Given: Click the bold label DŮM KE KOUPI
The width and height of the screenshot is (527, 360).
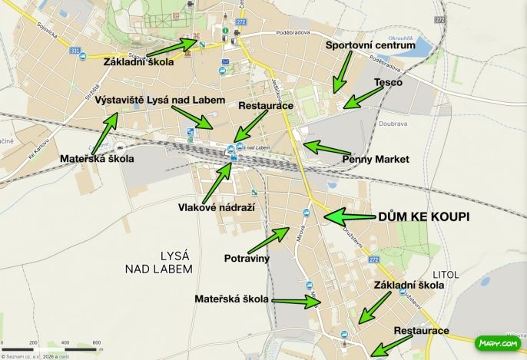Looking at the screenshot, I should pyautogui.click(x=423, y=217).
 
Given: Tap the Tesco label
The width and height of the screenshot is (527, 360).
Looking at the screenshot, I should pyautogui.click(x=389, y=82).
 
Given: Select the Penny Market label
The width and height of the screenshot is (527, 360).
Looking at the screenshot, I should pyautogui.click(x=376, y=159).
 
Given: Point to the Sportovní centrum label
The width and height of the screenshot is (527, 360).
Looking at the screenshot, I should pyautogui.click(x=370, y=45).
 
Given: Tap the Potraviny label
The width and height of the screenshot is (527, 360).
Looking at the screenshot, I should pyautogui.click(x=247, y=258).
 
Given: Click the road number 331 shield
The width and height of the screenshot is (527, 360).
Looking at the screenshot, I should pyautogui.click(x=75, y=51).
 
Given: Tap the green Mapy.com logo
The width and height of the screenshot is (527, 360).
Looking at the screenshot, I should pyautogui.click(x=497, y=343).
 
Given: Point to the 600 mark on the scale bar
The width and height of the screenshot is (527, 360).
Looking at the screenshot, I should pyautogui.click(x=98, y=342).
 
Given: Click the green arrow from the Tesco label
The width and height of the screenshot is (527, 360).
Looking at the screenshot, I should pyautogui.click(x=363, y=97).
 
